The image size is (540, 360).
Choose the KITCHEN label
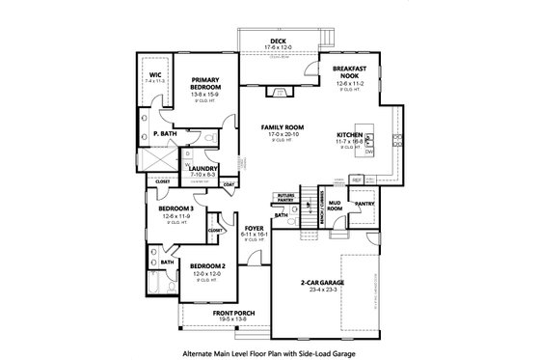[348, 135]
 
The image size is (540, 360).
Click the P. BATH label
[162, 134]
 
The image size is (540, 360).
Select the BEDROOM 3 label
[176, 208]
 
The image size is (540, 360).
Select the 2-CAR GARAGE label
[323, 282]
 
